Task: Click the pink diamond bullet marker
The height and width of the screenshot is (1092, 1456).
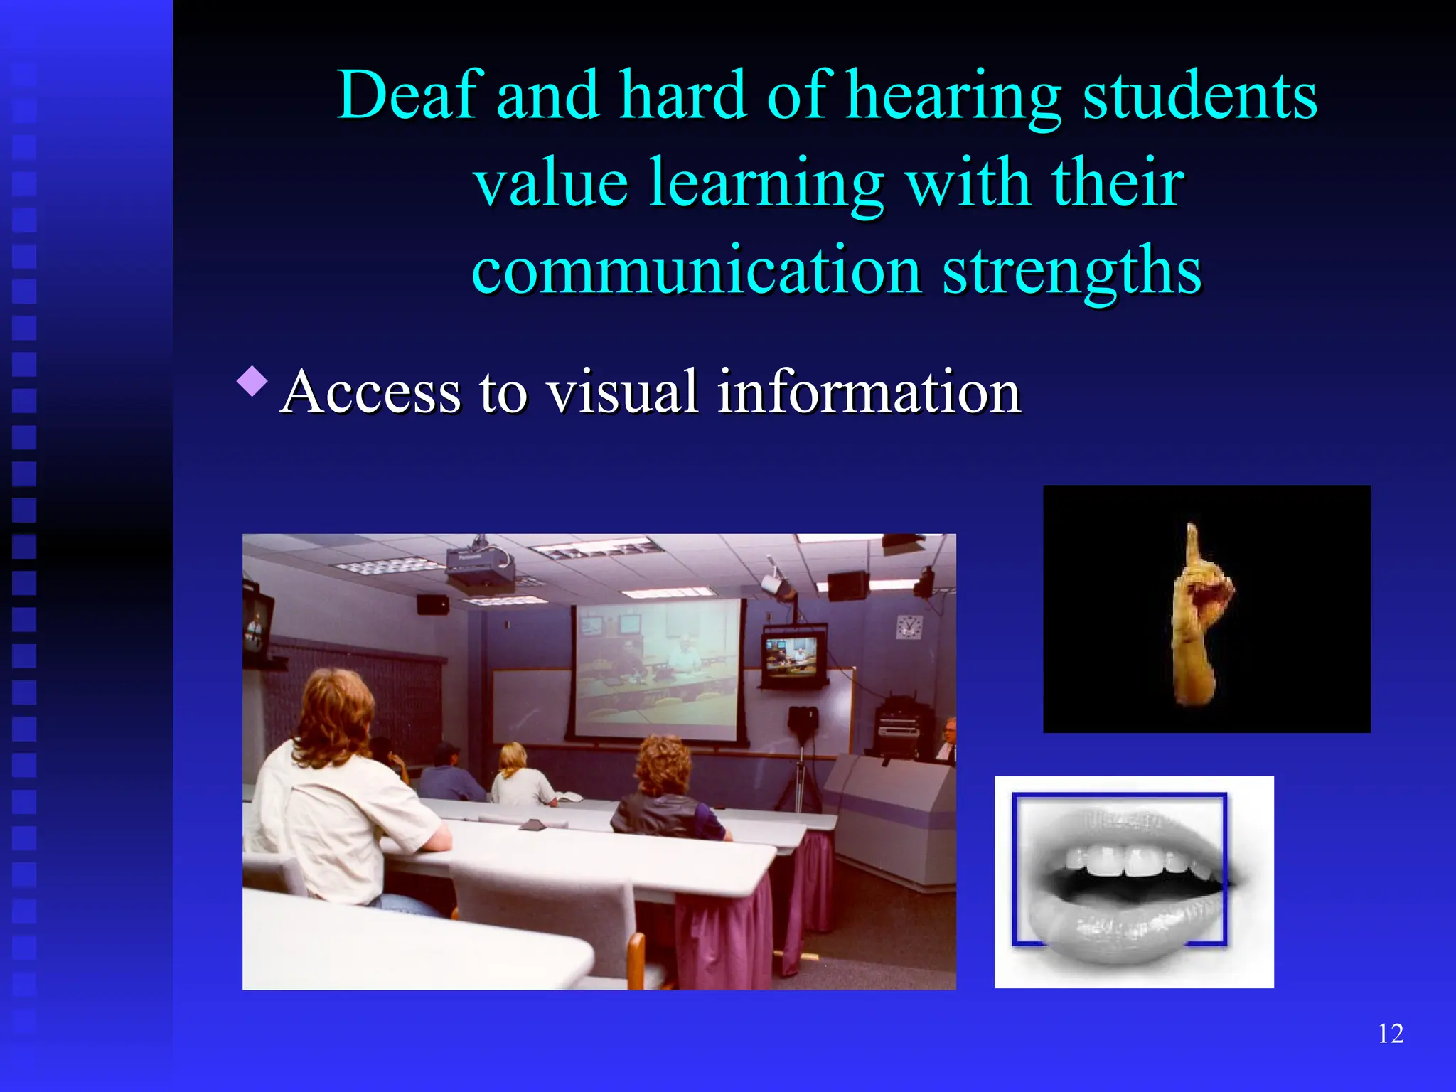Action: tap(252, 381)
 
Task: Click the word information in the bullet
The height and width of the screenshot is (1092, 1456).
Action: tap(869, 392)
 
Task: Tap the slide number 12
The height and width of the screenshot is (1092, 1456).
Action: tap(1391, 1034)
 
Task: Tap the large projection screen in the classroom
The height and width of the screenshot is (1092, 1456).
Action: tap(655, 668)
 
